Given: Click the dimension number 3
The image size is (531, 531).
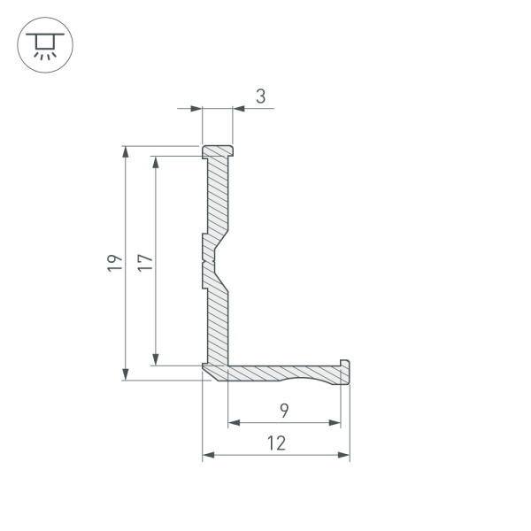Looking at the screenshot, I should pyautogui.click(x=260, y=96).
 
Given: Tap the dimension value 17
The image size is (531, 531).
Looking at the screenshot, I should pyautogui.click(x=145, y=262).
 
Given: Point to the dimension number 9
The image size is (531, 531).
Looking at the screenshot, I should pyautogui.click(x=283, y=411).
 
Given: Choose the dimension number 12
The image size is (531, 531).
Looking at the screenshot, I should pyautogui.click(x=276, y=443).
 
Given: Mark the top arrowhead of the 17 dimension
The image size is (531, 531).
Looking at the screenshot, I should pyautogui.click(x=157, y=162).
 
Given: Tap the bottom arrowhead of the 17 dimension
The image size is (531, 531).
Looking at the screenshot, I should pyautogui.click(x=157, y=358).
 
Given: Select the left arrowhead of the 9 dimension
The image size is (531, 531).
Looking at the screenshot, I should pyautogui.click(x=235, y=423).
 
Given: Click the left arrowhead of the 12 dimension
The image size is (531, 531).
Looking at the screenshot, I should pyautogui.click(x=209, y=455).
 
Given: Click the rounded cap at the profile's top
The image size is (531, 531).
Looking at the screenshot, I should pyautogui.click(x=218, y=151).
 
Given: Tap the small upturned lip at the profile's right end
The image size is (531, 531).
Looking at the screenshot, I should pyautogui.click(x=345, y=366).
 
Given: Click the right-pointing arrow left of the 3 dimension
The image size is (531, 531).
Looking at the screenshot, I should pyautogui.click(x=197, y=109).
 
